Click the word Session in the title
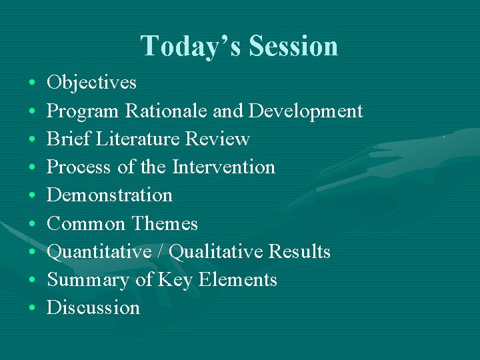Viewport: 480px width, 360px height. (293, 46)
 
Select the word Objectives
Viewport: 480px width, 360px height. (91, 83)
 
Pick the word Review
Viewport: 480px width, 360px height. (217, 139)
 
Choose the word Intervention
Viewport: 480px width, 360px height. (223, 167)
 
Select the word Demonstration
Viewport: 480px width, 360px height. (109, 195)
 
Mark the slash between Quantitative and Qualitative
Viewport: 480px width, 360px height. (162, 252)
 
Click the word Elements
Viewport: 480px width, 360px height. (243, 280)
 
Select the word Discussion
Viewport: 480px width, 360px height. (93, 308)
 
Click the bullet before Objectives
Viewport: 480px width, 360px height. (33, 84)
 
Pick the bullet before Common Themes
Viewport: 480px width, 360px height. (33, 225)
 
